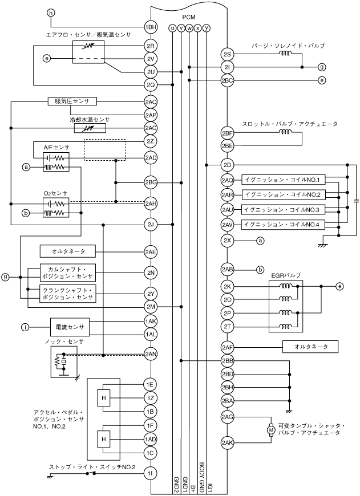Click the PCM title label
pos(189,18)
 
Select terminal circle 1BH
pos(151,27)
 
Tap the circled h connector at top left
pos(51,13)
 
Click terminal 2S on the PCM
pos(227,54)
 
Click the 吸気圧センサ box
pos(72,101)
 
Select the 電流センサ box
pos(70,327)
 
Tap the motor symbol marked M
pos(270,430)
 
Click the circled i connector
pos(25,327)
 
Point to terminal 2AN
pos(151,354)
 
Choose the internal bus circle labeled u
pos(172,28)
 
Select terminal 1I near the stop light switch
pos(151,473)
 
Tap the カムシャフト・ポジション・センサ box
pos(67,273)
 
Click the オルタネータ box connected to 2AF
pos(310,347)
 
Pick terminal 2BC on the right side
pos(227,80)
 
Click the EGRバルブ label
pos(286,275)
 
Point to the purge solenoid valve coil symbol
pos(285,53)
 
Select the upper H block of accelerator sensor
pos(104,398)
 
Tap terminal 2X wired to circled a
pos(227,241)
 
